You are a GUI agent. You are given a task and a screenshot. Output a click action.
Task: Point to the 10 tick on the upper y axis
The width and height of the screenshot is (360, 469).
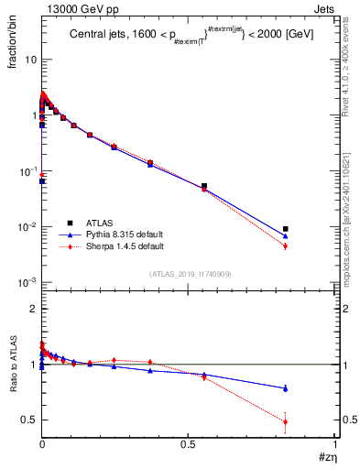[x=29, y=60]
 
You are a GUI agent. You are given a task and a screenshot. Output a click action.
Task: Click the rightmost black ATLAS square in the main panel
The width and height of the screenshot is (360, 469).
[x=286, y=229]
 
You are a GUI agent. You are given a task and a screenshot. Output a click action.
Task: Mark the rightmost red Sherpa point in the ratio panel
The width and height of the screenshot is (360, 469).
[x=286, y=422]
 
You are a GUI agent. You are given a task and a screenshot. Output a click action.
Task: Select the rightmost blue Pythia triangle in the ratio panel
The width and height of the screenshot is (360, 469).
[x=286, y=388]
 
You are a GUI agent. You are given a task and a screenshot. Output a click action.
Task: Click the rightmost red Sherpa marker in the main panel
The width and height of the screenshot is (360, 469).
[x=286, y=245]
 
